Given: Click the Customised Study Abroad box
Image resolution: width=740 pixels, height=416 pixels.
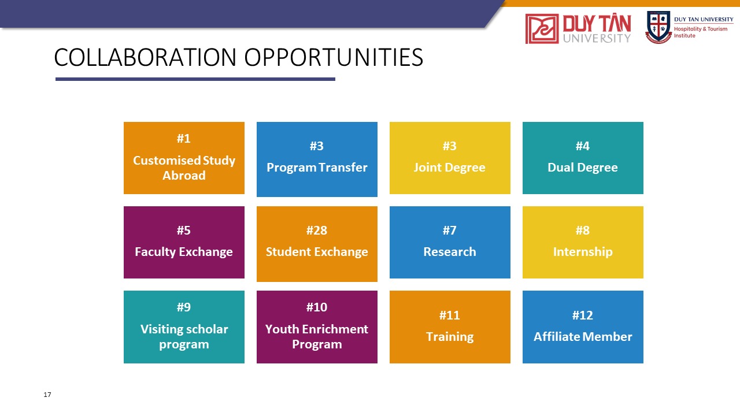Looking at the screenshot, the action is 184,158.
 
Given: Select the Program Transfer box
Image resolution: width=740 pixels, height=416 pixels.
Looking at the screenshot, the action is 317,159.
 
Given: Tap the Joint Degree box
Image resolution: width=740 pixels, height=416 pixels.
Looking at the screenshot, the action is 450,158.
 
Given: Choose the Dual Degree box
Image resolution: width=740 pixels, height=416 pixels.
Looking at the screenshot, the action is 583,158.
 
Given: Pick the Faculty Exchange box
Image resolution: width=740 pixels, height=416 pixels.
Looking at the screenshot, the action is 184,242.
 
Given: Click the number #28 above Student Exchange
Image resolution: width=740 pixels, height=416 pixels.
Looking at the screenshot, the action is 317,231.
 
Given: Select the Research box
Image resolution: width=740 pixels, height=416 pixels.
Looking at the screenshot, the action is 450,242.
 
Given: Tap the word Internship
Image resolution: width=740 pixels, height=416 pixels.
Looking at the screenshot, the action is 583,252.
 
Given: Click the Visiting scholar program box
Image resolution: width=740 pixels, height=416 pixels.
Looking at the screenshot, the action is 184,327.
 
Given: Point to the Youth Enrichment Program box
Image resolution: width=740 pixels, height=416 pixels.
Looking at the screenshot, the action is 317,327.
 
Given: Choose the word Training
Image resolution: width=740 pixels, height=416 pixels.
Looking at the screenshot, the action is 450,337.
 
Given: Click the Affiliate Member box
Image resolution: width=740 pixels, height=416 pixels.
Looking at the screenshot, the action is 583,327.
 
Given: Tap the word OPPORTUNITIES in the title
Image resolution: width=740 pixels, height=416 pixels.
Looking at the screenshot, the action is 334,57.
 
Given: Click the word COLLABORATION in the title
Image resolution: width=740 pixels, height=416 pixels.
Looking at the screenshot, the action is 145,57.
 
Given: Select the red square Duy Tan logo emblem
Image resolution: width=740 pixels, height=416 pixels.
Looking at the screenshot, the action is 542,29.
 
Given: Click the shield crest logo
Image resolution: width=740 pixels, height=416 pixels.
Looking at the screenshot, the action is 658,27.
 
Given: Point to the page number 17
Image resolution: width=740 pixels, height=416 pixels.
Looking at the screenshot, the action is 47,395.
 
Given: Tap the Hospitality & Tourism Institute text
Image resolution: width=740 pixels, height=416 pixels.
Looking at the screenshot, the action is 701,32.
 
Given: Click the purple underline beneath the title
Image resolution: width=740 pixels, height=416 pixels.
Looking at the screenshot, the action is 195,79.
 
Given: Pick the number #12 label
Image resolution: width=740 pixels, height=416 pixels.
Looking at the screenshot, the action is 583,315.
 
